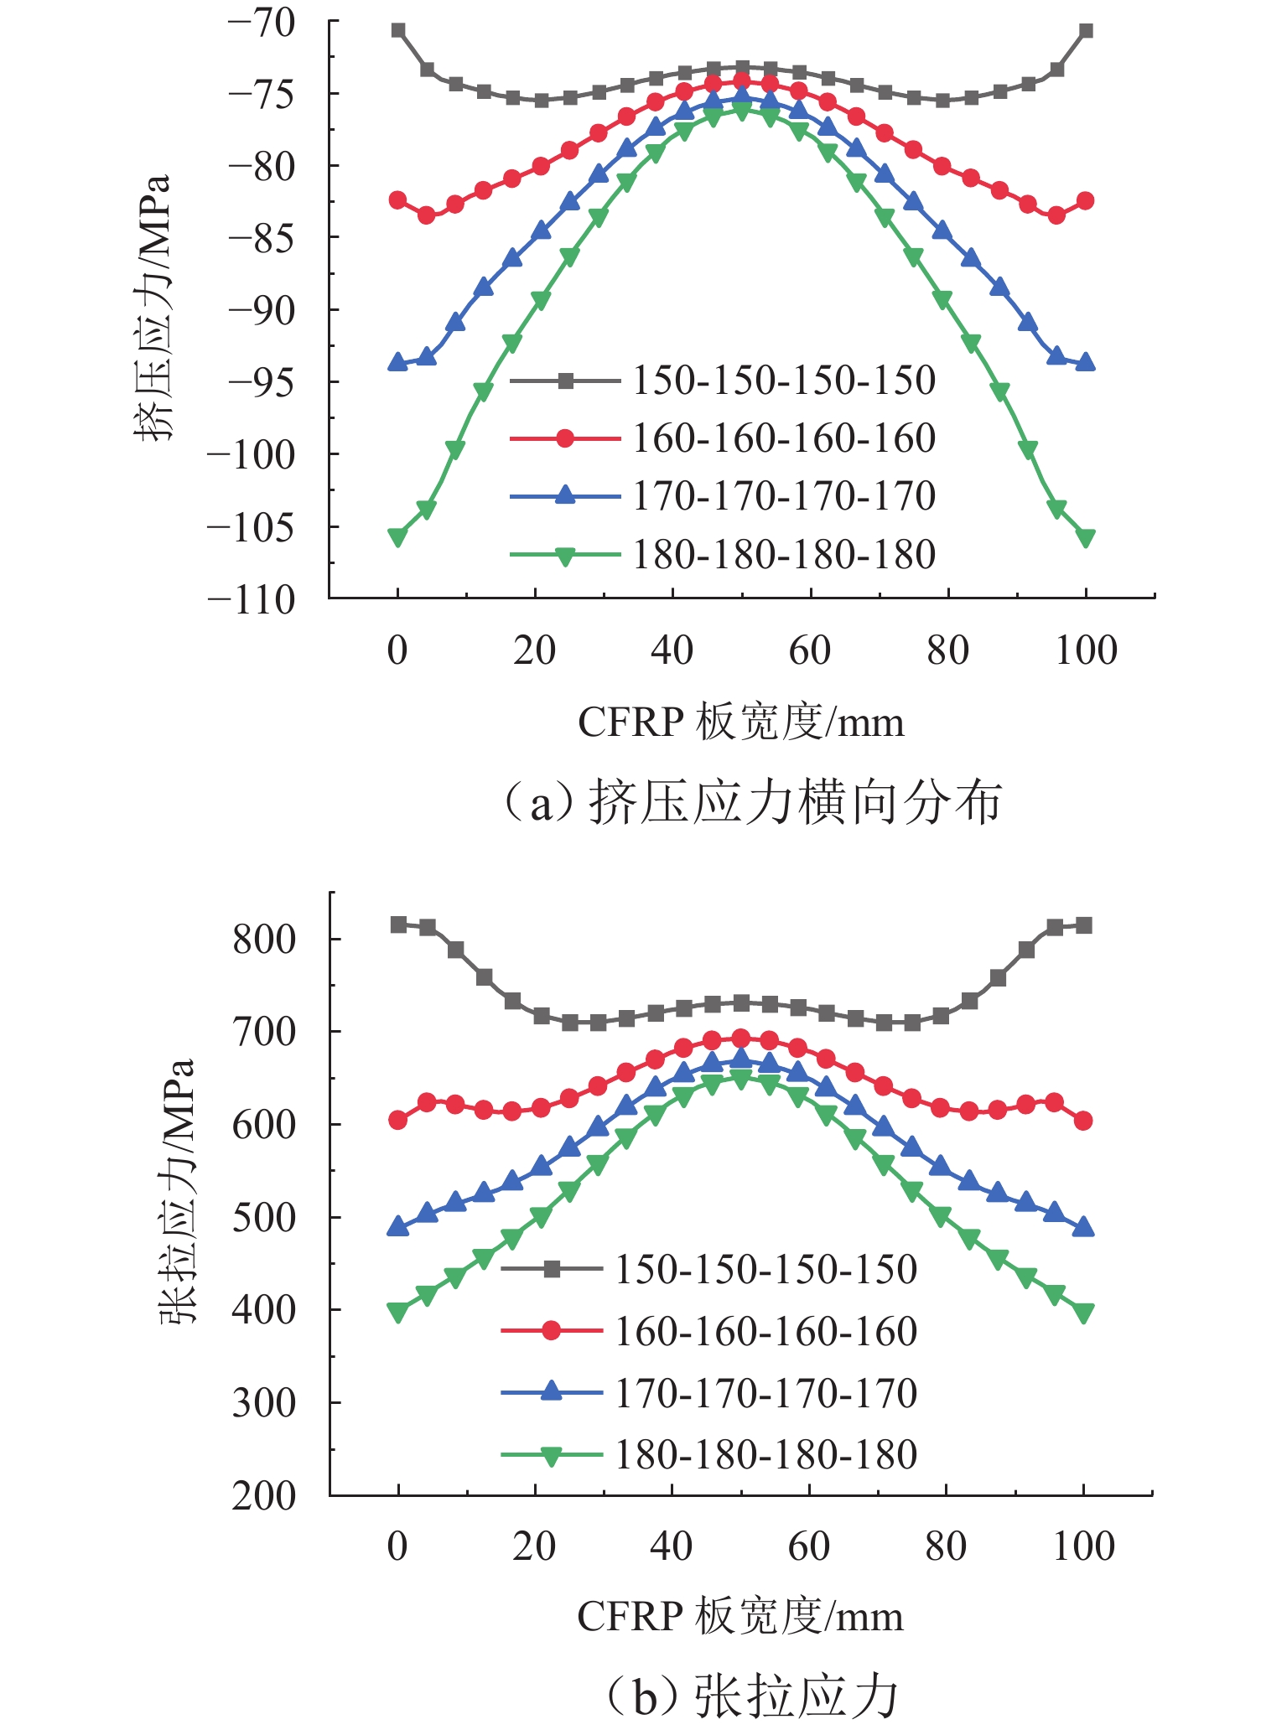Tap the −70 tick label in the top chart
262,23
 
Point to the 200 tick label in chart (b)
264,1496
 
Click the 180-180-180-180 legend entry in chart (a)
783,555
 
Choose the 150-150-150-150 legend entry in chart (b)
765,1269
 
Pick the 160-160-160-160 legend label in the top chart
783,438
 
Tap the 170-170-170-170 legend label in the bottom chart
765,1393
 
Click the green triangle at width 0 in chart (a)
398,537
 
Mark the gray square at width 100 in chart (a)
1086,31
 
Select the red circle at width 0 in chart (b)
398,1120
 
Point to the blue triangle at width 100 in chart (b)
1083,1227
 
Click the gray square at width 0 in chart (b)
398,925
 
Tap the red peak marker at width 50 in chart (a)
742,80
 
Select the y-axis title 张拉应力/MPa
176,1190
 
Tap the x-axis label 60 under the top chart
810,651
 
